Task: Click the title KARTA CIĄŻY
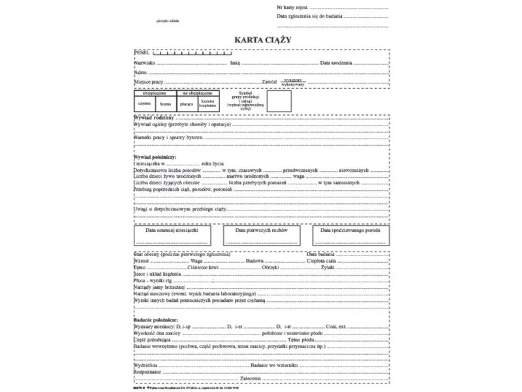263,40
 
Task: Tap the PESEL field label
142,52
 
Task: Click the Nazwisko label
144,63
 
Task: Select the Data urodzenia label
336,63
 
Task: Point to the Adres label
140,73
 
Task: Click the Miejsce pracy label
148,83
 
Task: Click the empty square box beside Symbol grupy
279,102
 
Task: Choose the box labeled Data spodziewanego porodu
351,234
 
